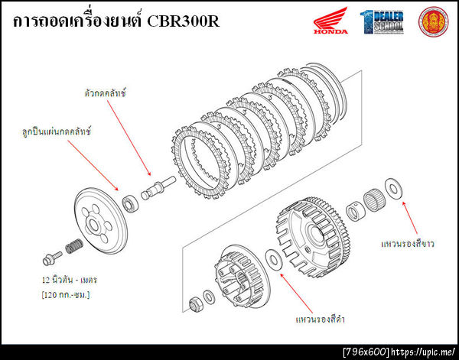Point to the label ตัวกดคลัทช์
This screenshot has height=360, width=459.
(x=105, y=92)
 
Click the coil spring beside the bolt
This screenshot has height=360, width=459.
(x=74, y=248)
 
